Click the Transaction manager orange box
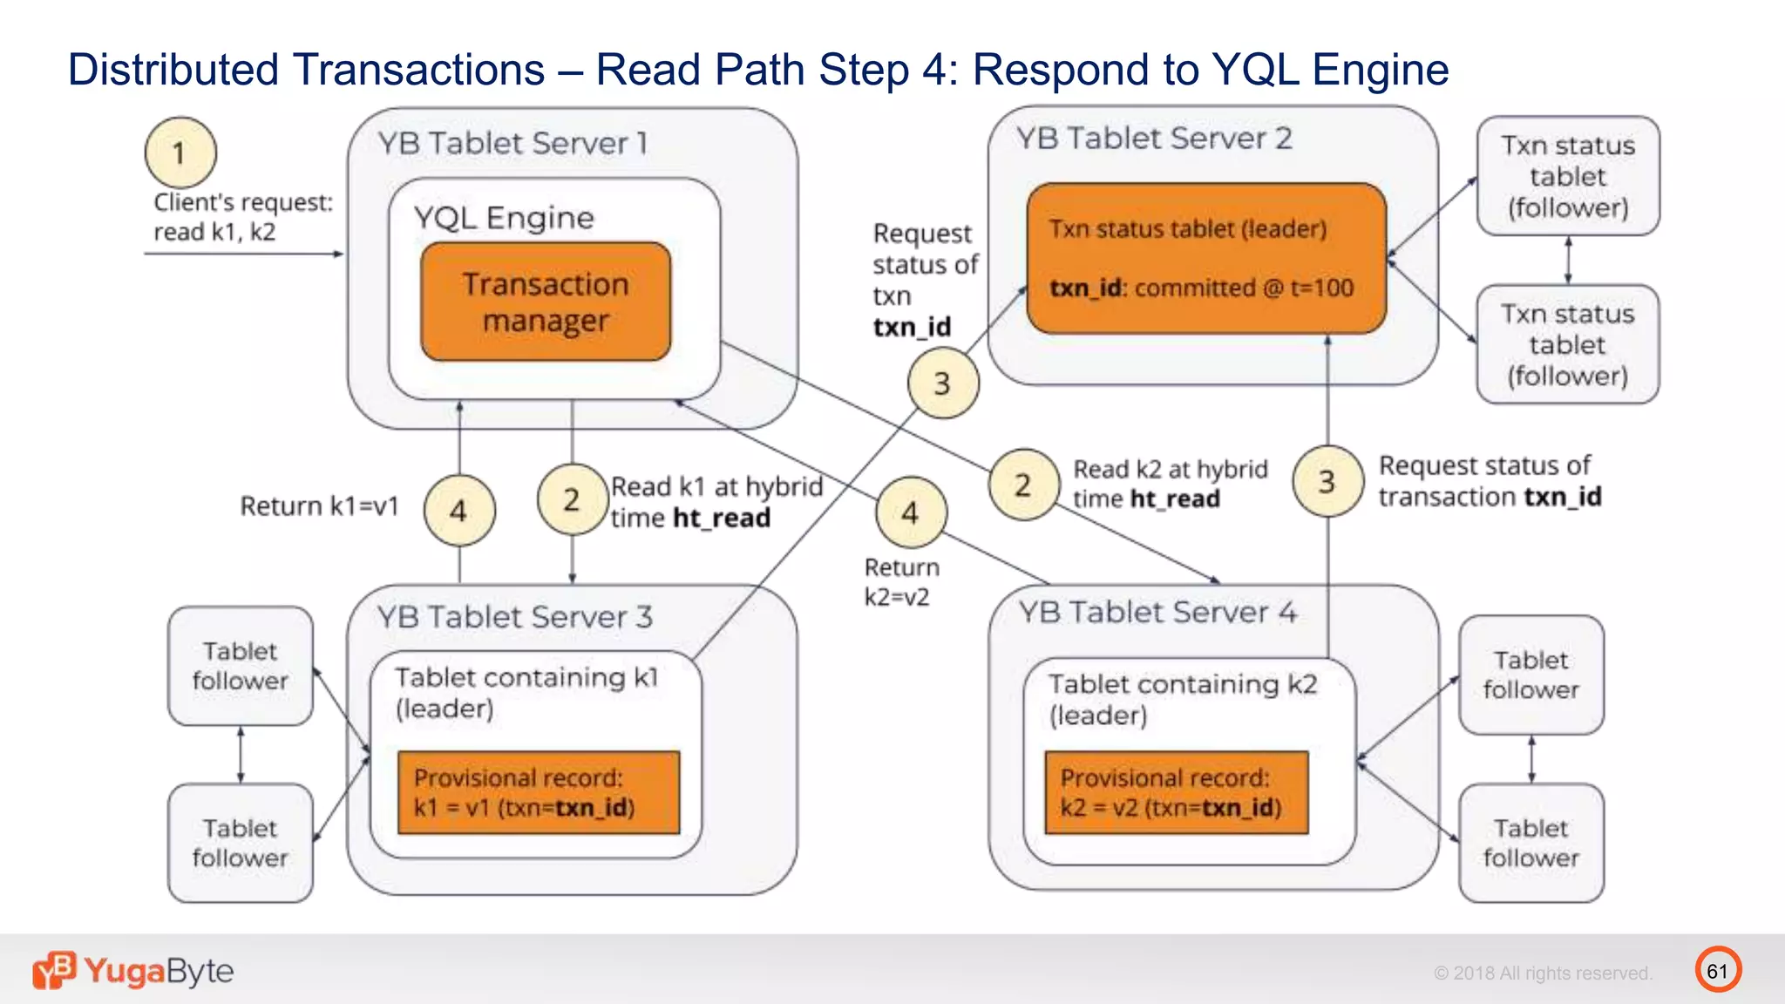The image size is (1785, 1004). pyautogui.click(x=546, y=302)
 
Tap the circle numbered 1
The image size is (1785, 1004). pyautogui.click(x=180, y=153)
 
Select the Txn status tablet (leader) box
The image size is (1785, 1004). pyautogui.click(x=1206, y=258)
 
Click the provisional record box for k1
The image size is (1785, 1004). pyautogui.click(x=539, y=792)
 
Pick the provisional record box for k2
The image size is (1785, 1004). pyautogui.click(x=1177, y=792)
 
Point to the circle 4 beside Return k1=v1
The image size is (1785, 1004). pyautogui.click(x=459, y=510)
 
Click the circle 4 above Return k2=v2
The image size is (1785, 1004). pyautogui.click(x=911, y=512)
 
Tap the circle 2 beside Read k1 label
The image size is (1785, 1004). pyautogui.click(x=572, y=499)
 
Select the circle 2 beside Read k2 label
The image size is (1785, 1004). pyautogui.click(x=1023, y=485)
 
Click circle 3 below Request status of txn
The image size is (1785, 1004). pyautogui.click(x=942, y=383)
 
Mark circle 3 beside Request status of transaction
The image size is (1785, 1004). pyautogui.click(x=1327, y=481)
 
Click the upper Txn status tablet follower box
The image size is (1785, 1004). pyautogui.click(x=1567, y=176)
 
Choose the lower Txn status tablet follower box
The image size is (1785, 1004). pyautogui.click(x=1567, y=344)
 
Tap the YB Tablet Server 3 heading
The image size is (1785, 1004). pyautogui.click(x=514, y=617)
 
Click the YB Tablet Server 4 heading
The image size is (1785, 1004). pyautogui.click(x=1157, y=612)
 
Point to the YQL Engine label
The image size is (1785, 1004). pyautogui.click(x=504, y=217)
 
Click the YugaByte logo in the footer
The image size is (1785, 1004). pyautogui.click(x=133, y=970)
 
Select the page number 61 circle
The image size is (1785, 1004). pyautogui.click(x=1717, y=970)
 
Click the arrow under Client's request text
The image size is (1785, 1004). pyautogui.click(x=244, y=254)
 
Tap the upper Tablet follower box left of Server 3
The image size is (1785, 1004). pyautogui.click(x=240, y=666)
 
